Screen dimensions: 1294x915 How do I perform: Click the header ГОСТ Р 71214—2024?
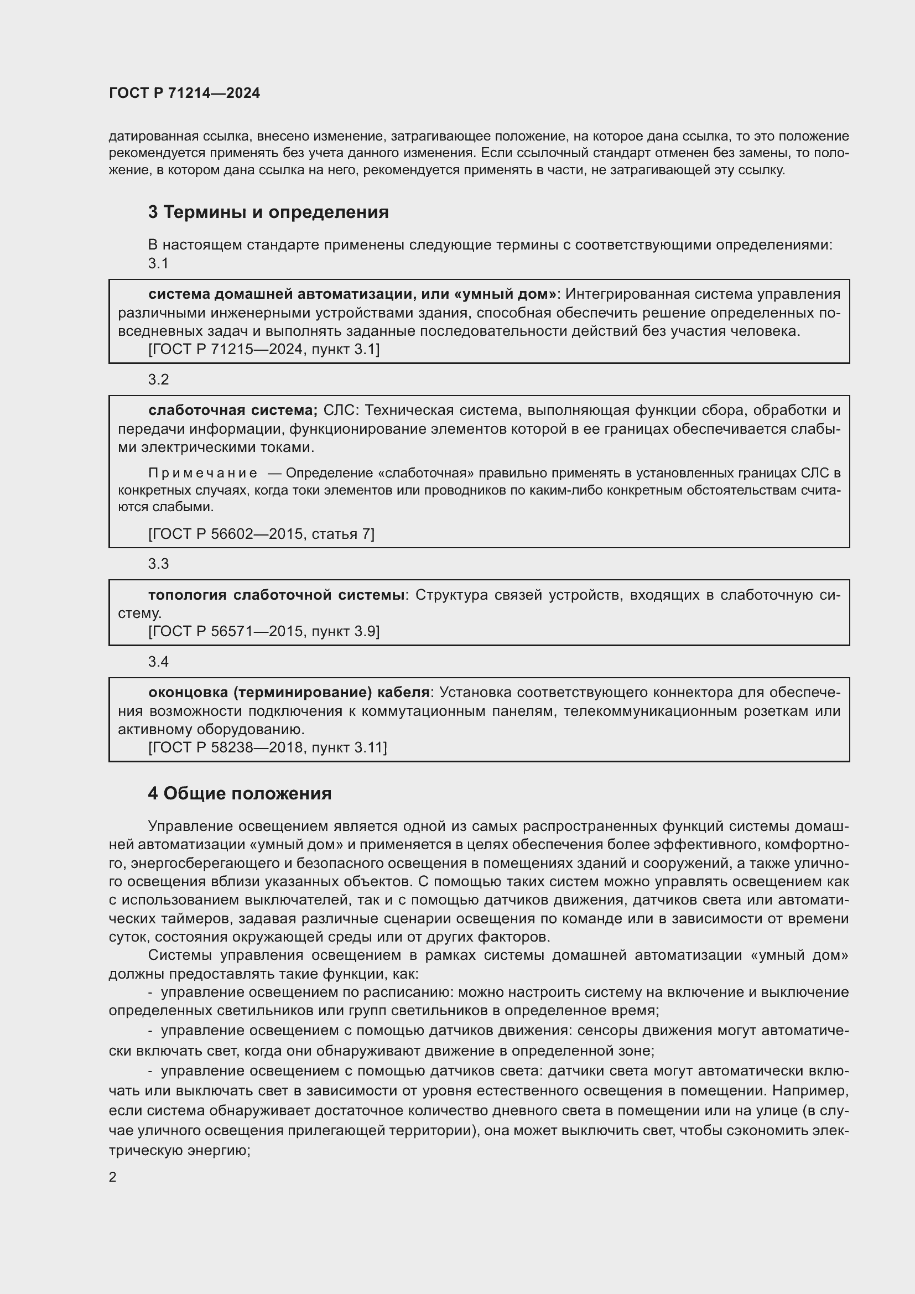184,93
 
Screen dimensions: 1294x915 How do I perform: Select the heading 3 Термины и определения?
268,212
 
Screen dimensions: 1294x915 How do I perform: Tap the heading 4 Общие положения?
240,793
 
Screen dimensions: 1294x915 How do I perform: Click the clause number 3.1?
158,263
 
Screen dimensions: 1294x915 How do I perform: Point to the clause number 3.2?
158,380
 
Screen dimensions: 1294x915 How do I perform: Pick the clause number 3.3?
158,564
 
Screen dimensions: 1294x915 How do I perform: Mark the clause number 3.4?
158,661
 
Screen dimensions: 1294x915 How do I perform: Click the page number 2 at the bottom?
113,1177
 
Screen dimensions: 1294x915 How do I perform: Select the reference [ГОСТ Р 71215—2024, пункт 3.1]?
264,350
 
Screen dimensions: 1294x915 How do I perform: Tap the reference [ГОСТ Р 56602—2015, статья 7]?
261,534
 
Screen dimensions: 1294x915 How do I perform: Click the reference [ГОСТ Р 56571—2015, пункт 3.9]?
264,631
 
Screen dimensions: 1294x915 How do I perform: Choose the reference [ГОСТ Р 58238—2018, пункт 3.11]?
267,747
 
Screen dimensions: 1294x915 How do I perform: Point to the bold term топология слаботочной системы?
276,595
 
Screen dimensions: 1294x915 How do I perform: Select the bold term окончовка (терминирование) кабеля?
289,692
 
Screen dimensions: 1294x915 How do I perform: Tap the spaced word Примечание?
203,473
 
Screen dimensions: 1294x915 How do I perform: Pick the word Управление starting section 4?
190,826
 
